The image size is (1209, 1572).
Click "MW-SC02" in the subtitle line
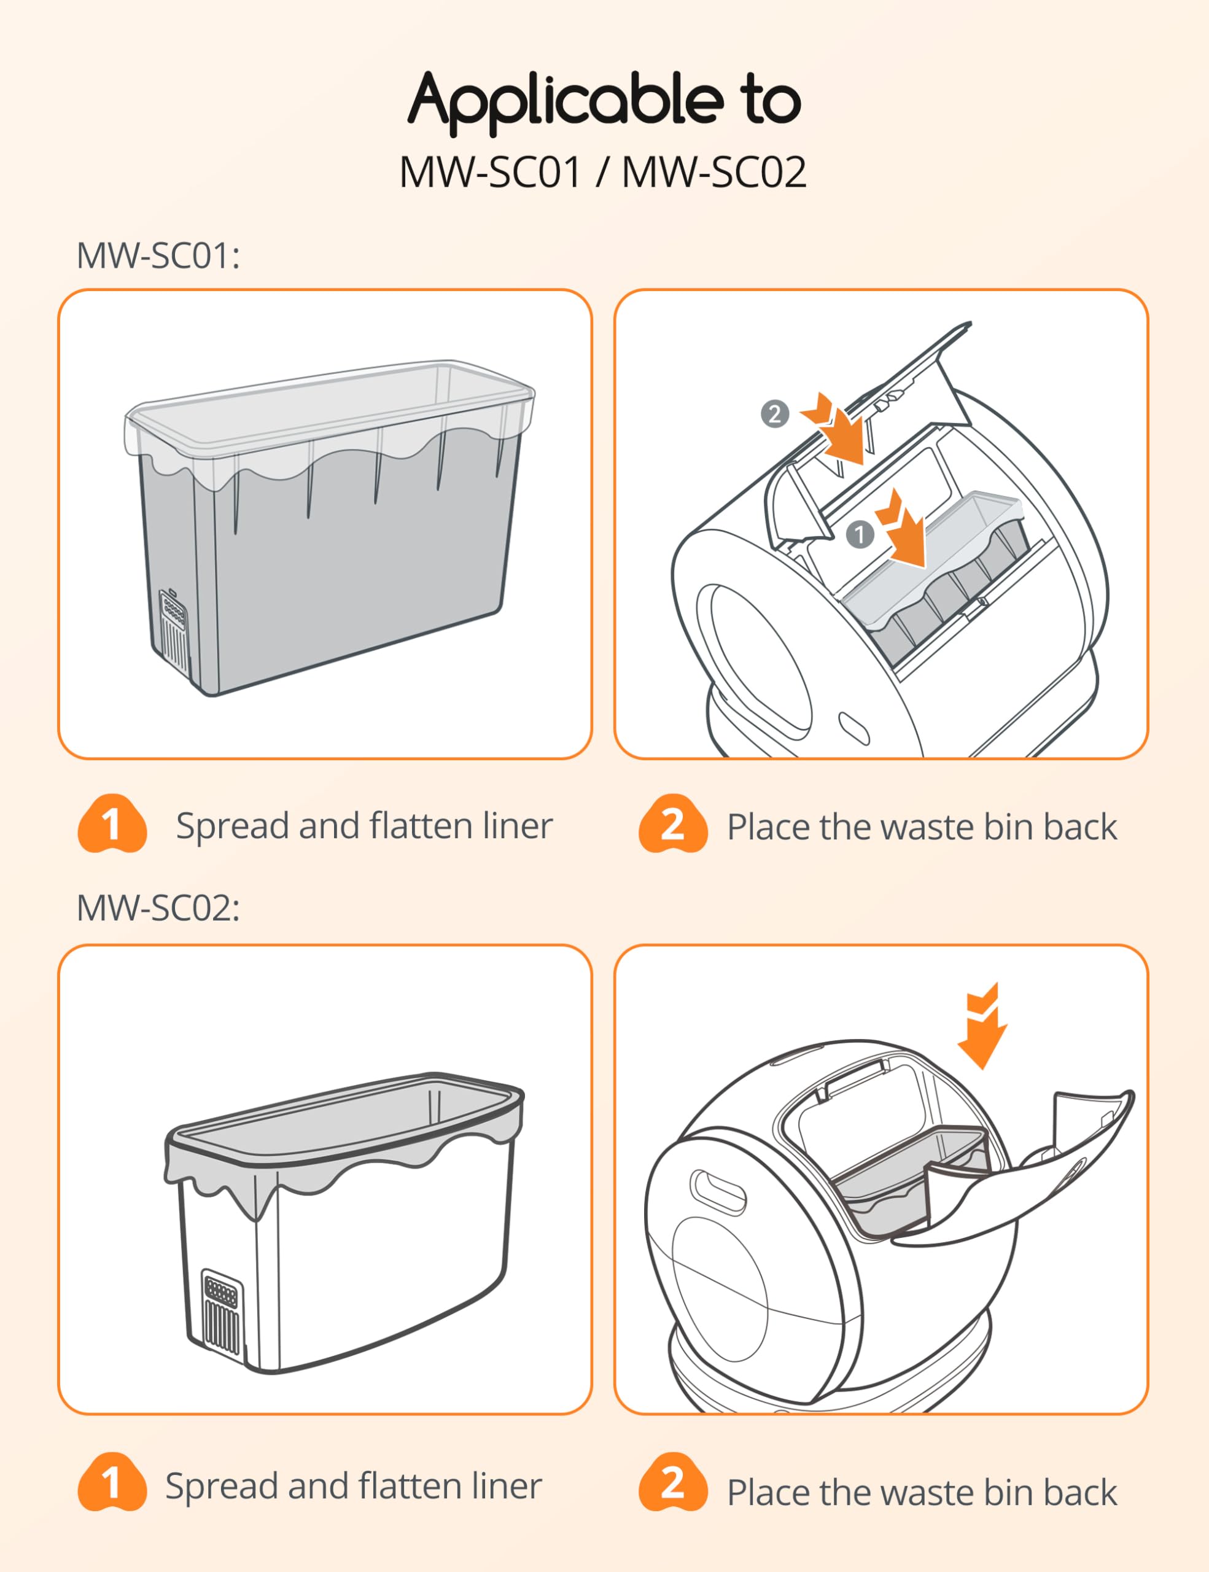click(714, 173)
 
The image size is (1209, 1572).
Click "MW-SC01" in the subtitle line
click(490, 173)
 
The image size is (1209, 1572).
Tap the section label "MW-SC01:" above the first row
click(158, 255)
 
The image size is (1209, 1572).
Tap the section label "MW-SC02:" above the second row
click(158, 908)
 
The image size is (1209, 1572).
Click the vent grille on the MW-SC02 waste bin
click(221, 1312)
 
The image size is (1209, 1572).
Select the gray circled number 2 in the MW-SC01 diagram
click(775, 414)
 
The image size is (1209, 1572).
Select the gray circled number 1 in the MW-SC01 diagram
click(859, 535)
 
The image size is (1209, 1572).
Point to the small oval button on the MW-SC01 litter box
click(853, 729)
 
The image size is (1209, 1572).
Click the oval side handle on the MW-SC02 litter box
click(718, 1193)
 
